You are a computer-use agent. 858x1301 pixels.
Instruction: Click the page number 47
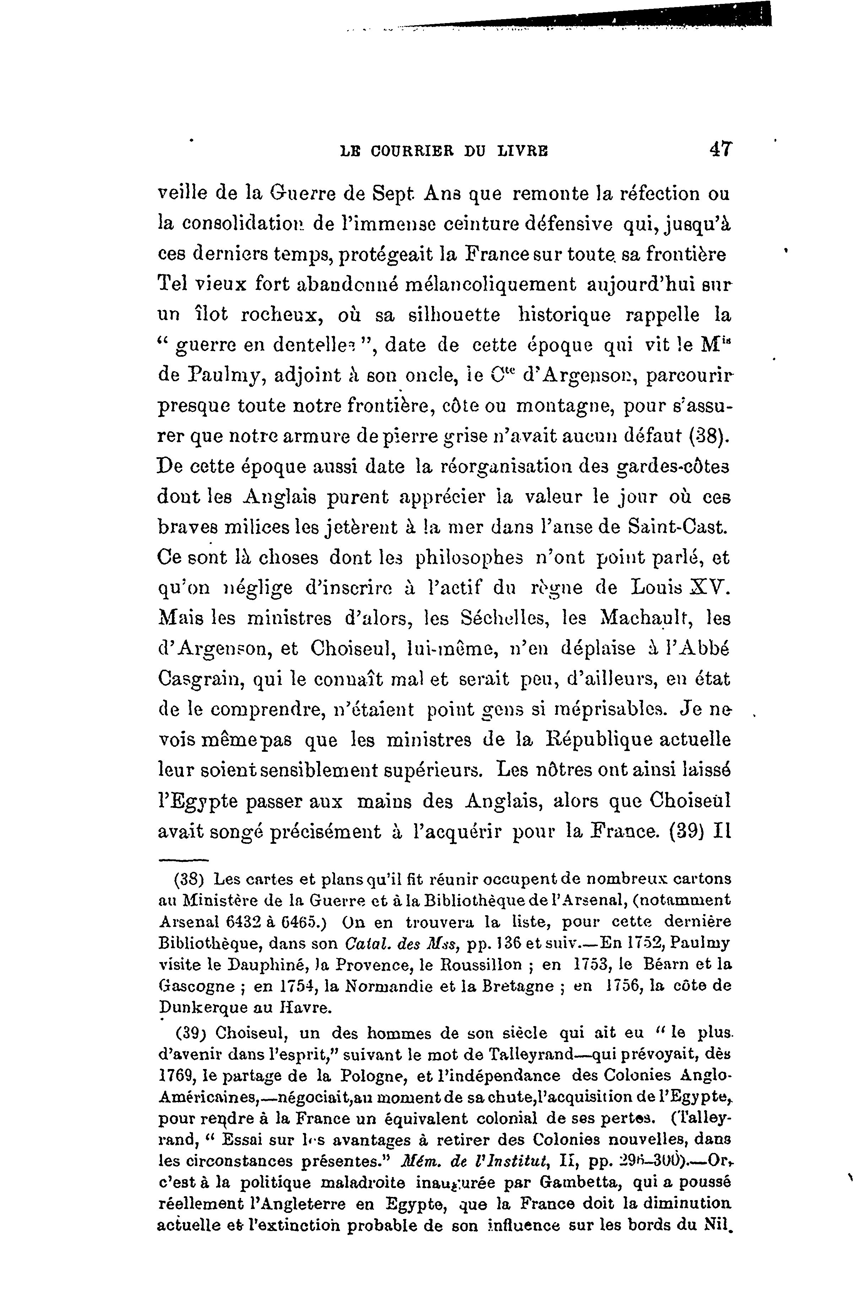(720, 149)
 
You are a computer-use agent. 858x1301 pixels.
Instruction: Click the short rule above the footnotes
(184, 859)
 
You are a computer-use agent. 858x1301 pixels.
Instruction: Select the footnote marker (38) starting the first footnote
(189, 880)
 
